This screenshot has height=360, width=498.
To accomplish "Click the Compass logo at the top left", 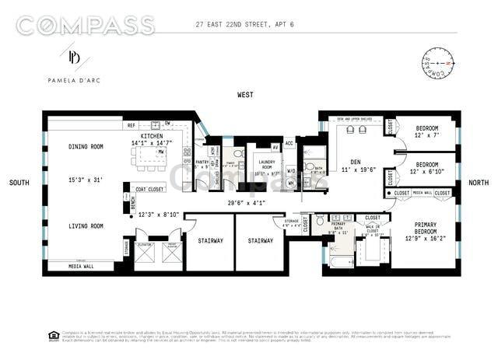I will tap(85, 25).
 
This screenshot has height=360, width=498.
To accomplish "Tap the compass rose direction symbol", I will tap(437, 63).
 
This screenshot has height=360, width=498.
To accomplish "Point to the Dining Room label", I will tap(86, 146).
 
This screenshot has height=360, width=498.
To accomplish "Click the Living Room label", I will tap(86, 226).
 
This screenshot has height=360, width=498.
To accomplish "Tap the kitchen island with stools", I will tap(151, 159).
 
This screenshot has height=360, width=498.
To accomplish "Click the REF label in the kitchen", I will tap(132, 125).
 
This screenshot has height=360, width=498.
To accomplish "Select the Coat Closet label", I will tap(149, 189).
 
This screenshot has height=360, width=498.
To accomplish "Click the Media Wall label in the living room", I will tap(81, 265).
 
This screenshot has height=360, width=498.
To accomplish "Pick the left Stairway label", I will tap(209, 241).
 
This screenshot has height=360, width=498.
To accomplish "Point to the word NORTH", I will tap(479, 183).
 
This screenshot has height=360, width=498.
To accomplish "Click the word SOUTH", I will tap(19, 183).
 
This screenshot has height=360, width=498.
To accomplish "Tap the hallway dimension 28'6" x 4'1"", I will tap(247, 203).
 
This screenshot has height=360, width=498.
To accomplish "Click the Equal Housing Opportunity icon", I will tap(54, 336).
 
